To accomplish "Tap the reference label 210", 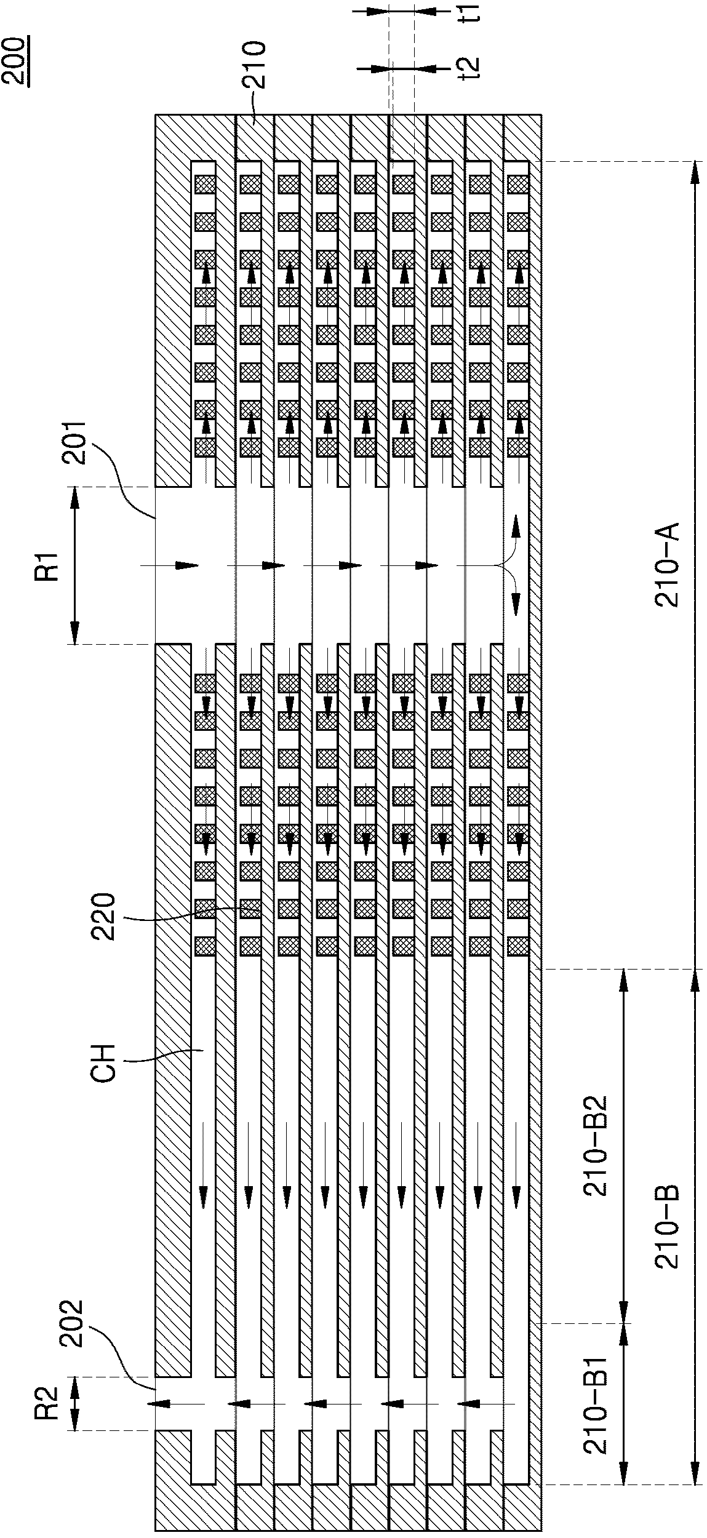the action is point(255,65).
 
